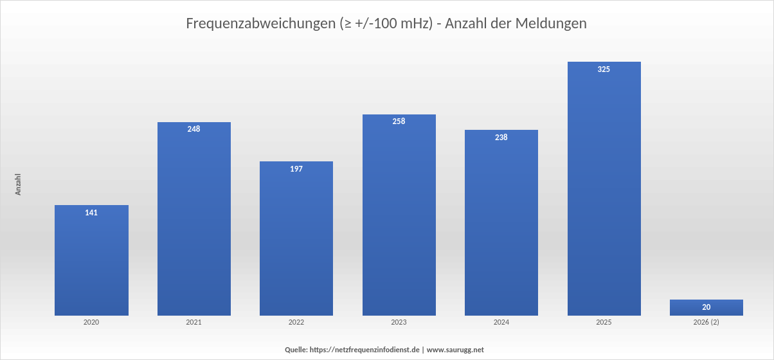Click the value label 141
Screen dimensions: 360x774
coord(91,213)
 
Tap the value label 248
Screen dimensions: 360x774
coord(194,129)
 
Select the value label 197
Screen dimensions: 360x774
coord(296,169)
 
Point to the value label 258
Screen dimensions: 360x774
coord(399,122)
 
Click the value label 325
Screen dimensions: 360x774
coord(604,69)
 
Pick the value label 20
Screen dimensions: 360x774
coord(706,307)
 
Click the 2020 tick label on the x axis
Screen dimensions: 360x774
coord(91,322)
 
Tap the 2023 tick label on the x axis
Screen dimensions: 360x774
coord(399,322)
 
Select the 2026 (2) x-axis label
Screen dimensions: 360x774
coord(706,322)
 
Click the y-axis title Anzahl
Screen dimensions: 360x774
coord(19,184)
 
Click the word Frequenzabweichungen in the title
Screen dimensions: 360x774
coord(260,24)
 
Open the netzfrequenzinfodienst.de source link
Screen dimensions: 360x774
coord(364,350)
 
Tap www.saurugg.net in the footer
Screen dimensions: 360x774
coord(455,350)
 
